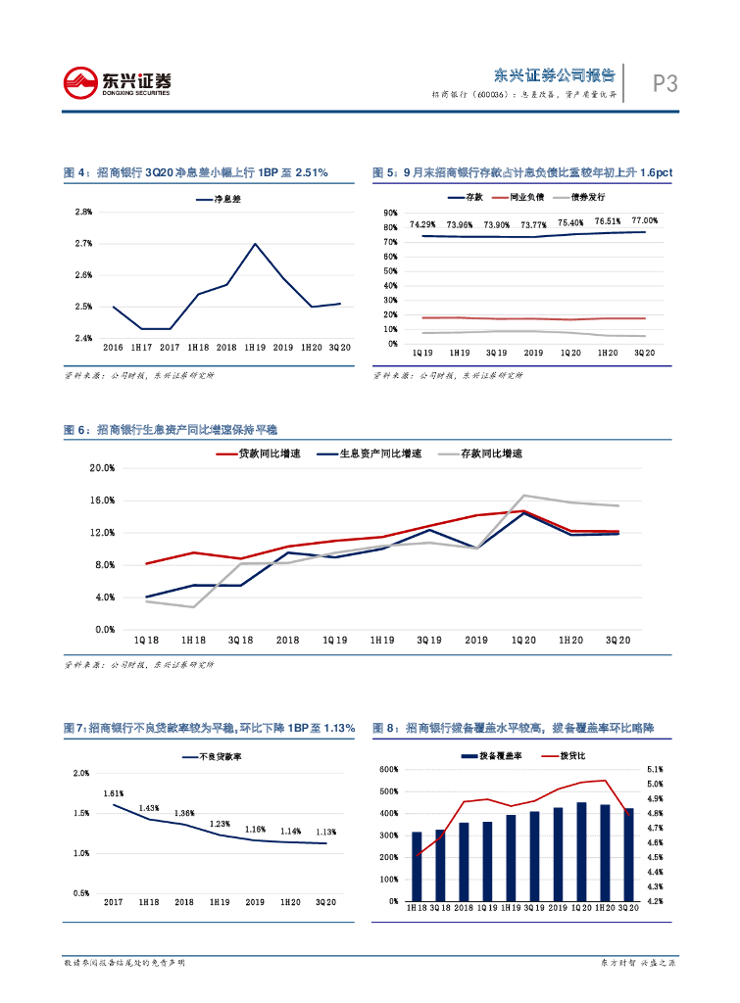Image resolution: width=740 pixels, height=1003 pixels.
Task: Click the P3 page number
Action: click(666, 84)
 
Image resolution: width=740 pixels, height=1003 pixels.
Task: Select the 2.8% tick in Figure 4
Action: click(84, 212)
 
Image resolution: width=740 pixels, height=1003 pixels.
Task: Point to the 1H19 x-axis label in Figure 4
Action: click(255, 348)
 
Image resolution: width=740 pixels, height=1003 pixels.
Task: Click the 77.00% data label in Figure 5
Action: click(644, 221)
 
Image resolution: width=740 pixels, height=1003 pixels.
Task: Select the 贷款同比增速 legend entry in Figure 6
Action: click(271, 454)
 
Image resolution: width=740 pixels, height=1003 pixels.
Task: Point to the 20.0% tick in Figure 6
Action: click(103, 468)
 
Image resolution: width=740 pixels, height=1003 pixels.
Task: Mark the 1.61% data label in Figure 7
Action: click(114, 793)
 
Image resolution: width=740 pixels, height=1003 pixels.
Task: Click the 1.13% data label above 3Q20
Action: click(325, 832)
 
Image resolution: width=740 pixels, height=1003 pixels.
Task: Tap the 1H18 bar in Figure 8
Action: click(417, 867)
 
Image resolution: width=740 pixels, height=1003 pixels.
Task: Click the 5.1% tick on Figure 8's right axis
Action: click(656, 770)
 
